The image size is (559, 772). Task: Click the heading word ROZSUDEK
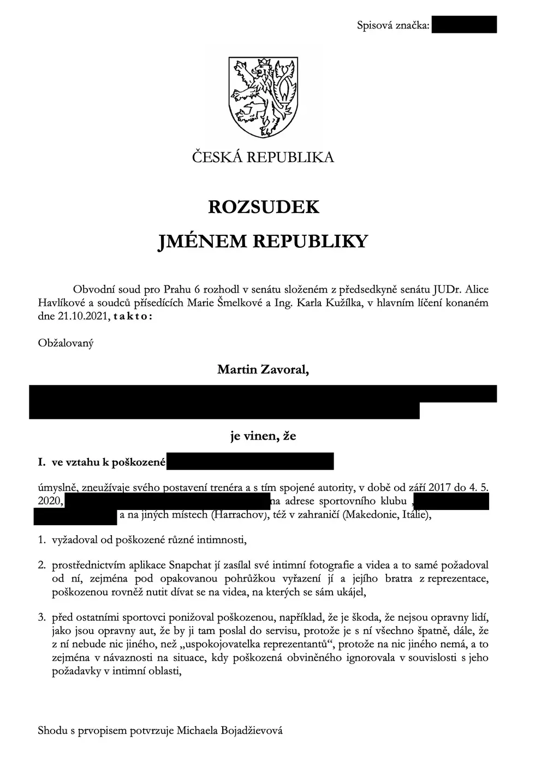(264, 207)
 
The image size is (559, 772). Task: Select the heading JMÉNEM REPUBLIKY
(263, 241)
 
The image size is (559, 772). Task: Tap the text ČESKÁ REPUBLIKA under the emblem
(263, 158)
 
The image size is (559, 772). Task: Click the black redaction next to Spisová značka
(464, 25)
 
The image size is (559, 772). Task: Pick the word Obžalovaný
(66, 343)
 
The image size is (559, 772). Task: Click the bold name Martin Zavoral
(263, 370)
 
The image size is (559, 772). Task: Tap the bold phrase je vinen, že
(263, 436)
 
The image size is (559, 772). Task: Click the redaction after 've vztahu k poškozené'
(249, 462)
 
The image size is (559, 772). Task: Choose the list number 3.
(41, 618)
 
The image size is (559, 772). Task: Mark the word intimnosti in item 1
(218, 541)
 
